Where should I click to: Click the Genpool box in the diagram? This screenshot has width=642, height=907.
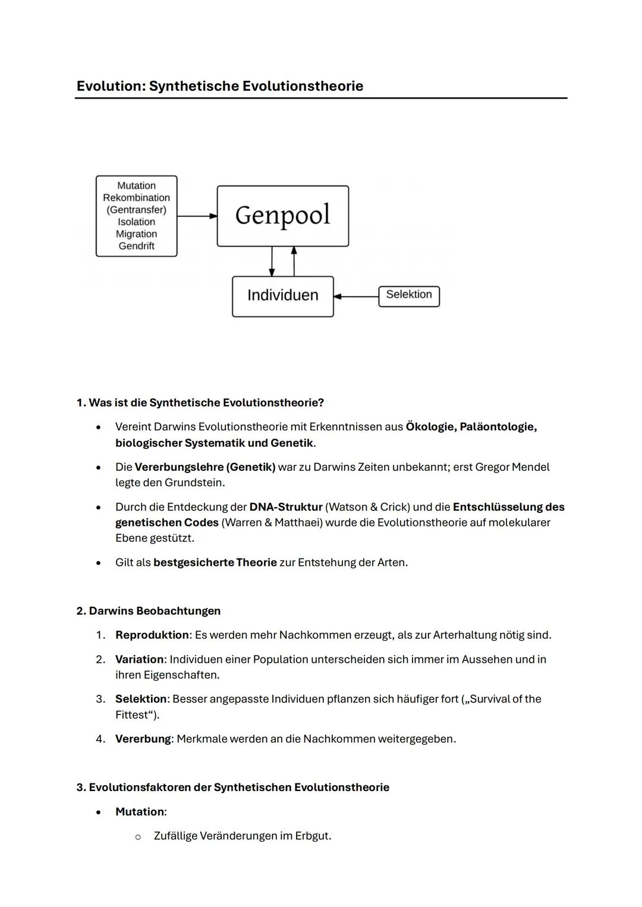(x=282, y=215)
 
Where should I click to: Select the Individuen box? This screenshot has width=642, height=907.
(x=282, y=295)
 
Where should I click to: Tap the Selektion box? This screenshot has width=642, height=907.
(x=409, y=295)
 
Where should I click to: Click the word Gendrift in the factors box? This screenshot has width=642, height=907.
(x=136, y=246)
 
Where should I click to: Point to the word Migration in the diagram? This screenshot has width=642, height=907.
(x=136, y=234)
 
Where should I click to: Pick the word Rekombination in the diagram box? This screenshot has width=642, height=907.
(x=136, y=198)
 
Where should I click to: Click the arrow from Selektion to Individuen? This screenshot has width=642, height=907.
(x=356, y=296)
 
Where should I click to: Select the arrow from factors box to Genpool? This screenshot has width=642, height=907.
(x=197, y=216)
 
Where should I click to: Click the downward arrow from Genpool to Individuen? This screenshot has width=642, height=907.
(x=272, y=262)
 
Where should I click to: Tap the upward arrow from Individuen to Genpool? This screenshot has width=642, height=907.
(x=294, y=262)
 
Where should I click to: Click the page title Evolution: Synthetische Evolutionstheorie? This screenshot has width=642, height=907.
(x=219, y=86)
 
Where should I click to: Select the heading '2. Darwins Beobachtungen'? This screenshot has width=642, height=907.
(x=148, y=611)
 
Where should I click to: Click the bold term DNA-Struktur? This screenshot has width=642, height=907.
(x=285, y=507)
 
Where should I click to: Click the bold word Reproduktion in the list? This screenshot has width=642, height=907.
(x=152, y=635)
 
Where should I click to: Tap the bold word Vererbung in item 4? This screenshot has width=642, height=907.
(x=143, y=739)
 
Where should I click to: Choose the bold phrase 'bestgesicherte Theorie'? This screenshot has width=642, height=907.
(x=215, y=562)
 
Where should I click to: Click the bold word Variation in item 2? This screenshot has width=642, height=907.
(x=139, y=659)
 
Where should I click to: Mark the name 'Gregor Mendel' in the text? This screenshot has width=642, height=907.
(x=512, y=467)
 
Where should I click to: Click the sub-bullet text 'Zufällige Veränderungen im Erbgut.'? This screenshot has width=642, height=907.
(x=242, y=836)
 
